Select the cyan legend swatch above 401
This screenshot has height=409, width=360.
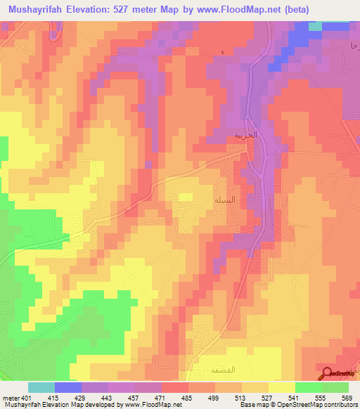[x=41, y=387]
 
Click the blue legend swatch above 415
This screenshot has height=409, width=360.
[x=68, y=387]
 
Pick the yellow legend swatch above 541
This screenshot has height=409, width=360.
[x=282, y=387]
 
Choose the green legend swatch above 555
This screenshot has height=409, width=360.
[x=309, y=387]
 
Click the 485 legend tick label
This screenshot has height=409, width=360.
[x=188, y=397]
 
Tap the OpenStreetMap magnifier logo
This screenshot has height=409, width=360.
[x=327, y=373]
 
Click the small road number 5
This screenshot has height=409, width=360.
[x=223, y=53]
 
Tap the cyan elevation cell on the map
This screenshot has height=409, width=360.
[x=315, y=26]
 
